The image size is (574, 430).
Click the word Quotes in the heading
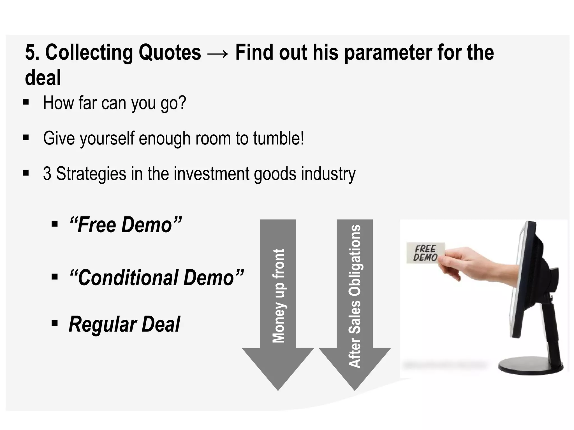point(170,53)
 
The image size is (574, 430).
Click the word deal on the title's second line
point(43,78)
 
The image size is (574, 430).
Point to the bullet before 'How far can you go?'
point(26,102)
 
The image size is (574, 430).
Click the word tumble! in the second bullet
point(279,138)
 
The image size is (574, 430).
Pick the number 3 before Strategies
point(47,174)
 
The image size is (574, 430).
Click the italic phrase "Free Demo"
point(126,225)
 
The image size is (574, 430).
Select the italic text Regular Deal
point(124,324)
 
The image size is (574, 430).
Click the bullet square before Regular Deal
point(55,324)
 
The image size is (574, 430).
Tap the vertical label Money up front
point(278,295)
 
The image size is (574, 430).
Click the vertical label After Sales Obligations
point(355,296)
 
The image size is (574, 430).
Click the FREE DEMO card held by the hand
point(425,253)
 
